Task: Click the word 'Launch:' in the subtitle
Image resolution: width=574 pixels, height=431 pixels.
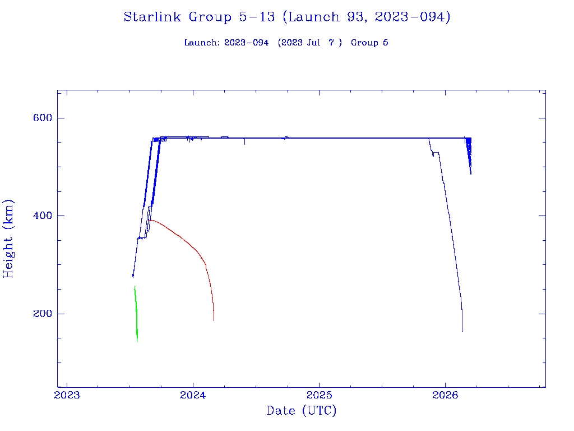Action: click(x=202, y=43)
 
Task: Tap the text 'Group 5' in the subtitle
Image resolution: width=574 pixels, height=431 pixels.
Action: click(x=369, y=43)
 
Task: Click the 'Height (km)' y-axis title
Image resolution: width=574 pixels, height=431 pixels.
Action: click(x=8, y=239)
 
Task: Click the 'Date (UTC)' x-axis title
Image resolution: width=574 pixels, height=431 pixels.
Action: click(x=302, y=411)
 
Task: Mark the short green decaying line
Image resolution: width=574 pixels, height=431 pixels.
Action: click(x=136, y=314)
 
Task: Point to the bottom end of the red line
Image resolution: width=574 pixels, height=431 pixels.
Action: click(x=214, y=320)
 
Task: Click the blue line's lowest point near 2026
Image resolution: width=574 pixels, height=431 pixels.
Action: click(x=462, y=331)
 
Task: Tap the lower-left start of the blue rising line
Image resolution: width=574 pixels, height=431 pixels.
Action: click(x=133, y=276)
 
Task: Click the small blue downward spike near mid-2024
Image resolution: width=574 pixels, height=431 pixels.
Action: click(x=244, y=143)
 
